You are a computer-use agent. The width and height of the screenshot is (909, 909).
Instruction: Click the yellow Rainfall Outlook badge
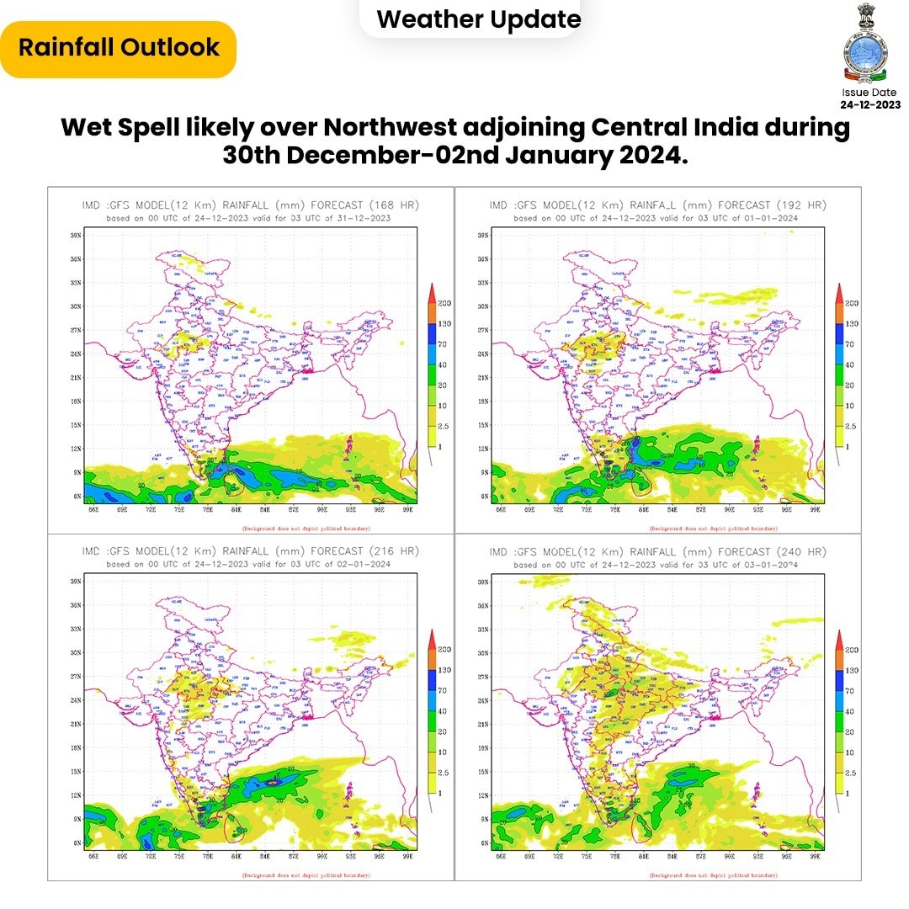coord(119,47)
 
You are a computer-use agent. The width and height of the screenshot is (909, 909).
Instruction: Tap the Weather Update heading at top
coord(479,19)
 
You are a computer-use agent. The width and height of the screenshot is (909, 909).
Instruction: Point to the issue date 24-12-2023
coord(870,104)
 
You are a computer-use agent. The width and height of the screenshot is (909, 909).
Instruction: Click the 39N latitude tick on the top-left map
coord(76,236)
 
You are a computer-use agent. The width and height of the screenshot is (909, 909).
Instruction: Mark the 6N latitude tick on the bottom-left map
coord(77,843)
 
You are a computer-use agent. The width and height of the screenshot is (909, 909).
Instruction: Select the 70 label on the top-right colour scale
coord(851,344)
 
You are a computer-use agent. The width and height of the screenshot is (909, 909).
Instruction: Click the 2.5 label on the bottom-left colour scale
coord(444,773)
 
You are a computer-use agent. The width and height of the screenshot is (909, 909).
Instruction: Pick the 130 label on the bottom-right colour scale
coord(852,669)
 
